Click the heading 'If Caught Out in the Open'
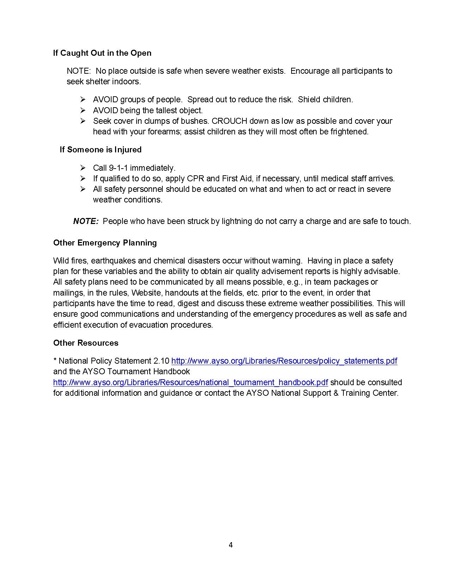point(102,53)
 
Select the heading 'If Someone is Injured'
point(101,150)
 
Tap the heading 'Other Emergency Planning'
point(105,243)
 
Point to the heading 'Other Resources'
point(86,343)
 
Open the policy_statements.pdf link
point(284,361)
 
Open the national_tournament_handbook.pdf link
point(191,382)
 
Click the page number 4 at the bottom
point(230,545)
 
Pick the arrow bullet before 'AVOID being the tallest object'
point(83,110)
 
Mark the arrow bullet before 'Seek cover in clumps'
point(83,121)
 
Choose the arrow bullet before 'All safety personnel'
point(83,189)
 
